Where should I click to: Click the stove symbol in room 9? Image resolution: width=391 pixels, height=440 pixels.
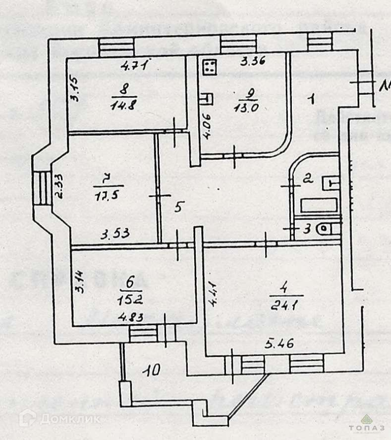pyautogui.click(x=210, y=67)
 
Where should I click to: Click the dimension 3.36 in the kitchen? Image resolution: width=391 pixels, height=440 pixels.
pyautogui.click(x=253, y=62)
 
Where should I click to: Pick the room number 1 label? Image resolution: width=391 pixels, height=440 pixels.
pyautogui.click(x=311, y=99)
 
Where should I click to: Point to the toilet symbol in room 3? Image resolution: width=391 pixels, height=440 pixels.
pyautogui.click(x=327, y=229)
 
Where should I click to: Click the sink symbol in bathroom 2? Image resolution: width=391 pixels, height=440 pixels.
pyautogui.click(x=330, y=183)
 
